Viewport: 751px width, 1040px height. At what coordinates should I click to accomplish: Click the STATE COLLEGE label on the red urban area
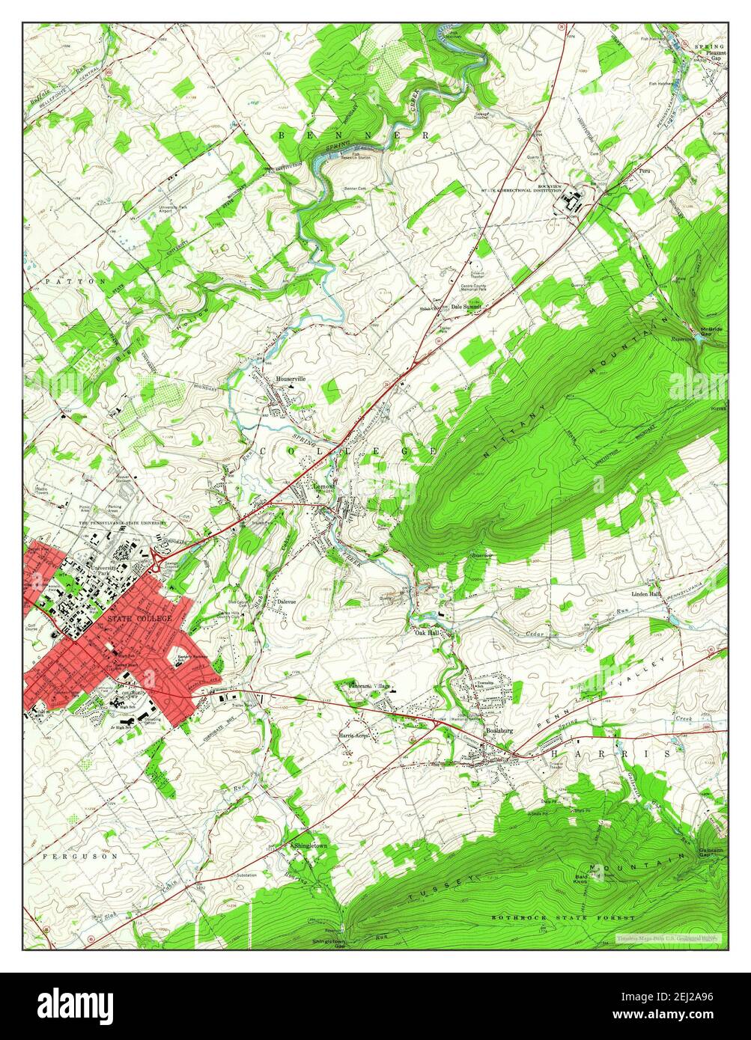(x=139, y=619)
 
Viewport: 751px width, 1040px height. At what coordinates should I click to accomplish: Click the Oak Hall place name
(x=426, y=632)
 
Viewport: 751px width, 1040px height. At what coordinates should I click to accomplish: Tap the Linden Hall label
(x=645, y=593)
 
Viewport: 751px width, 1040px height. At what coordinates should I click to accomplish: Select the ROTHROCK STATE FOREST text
(x=563, y=917)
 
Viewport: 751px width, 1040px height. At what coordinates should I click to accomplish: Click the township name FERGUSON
(x=80, y=856)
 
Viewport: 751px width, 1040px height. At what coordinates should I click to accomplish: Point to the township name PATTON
(x=75, y=281)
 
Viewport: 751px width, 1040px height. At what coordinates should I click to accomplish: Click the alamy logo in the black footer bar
(x=76, y=1003)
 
